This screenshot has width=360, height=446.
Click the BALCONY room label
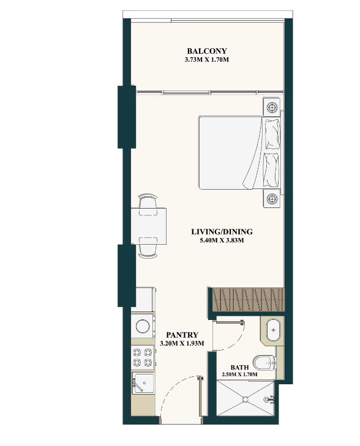207,51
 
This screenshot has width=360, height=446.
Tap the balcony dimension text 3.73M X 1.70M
207,60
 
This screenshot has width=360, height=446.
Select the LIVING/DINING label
222,232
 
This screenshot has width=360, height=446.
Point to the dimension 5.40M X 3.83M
222,240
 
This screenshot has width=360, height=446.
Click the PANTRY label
182,335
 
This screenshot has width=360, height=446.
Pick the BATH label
239,368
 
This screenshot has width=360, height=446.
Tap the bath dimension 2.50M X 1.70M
239,374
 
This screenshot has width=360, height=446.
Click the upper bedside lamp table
272,107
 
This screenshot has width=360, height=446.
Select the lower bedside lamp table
272,199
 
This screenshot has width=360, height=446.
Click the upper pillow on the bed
272,134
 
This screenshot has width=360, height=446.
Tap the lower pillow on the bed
271,170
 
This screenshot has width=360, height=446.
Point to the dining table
149,226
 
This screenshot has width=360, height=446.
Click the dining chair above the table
148,204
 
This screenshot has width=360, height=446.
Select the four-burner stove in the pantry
143,357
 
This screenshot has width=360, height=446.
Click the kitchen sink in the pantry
144,383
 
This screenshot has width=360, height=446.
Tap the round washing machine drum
143,326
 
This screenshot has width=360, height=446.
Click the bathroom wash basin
273,330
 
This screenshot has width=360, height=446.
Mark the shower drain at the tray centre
246,400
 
